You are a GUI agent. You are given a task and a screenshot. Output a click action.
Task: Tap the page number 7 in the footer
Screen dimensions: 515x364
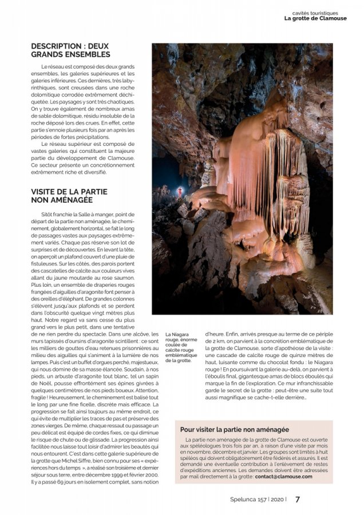tap(298, 499)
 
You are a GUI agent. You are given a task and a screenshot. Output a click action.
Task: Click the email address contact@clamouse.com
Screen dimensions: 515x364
tap(284, 476)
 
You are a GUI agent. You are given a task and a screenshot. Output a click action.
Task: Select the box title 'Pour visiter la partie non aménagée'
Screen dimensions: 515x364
tap(235, 429)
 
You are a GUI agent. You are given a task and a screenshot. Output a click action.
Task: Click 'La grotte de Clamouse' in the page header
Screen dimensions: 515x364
tap(315, 18)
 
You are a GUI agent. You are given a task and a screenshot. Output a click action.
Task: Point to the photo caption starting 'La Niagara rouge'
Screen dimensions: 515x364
tap(181, 348)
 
